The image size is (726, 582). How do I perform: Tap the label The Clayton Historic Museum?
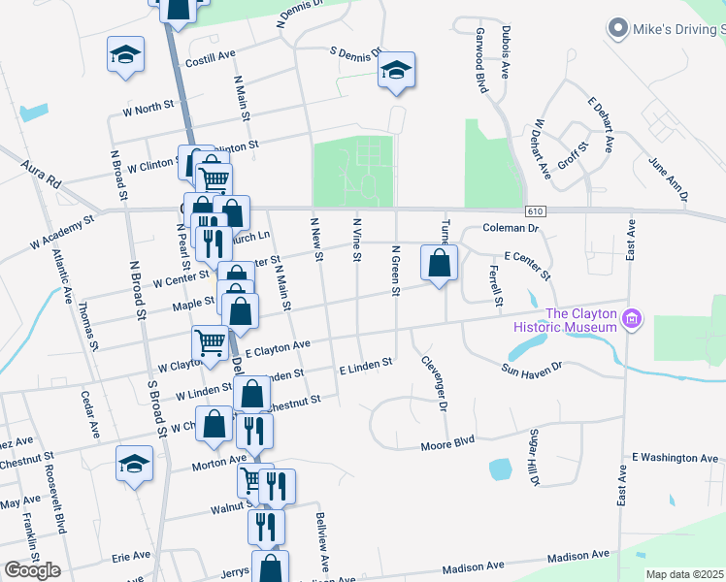click(581, 320)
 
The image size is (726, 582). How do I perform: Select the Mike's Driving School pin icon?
click(616, 29)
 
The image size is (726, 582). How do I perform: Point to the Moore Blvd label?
click(447, 445)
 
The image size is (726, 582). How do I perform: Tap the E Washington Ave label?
click(676, 457)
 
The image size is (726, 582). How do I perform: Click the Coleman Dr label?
click(511, 229)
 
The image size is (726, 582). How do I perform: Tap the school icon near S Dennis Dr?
click(396, 71)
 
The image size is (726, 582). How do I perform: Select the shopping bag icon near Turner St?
click(440, 263)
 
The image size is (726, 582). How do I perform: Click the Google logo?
click(32, 570)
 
